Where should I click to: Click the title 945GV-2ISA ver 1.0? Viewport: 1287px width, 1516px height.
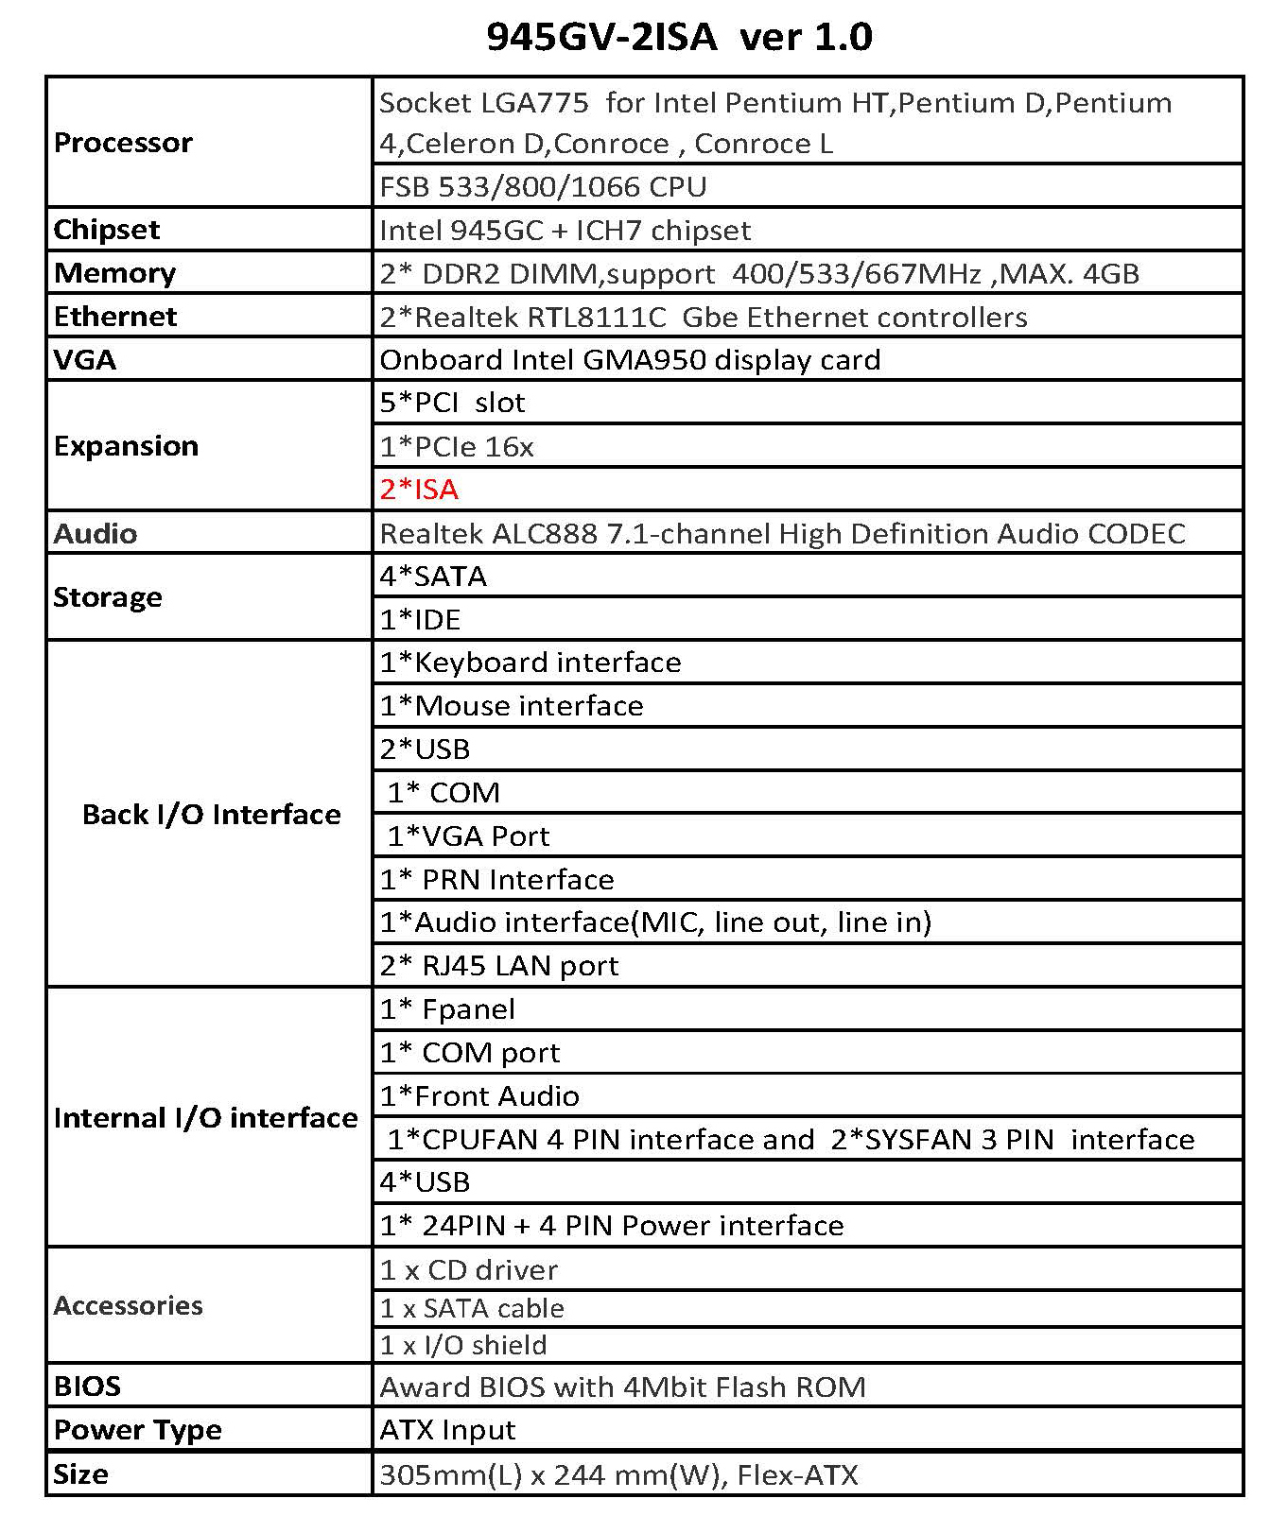pos(679,37)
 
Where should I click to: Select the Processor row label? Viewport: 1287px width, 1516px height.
pos(123,143)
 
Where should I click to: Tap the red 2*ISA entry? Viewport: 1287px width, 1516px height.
pos(419,490)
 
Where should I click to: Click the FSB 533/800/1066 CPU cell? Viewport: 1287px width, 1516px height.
pos(543,187)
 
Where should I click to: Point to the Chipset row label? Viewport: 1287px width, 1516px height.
pos(107,230)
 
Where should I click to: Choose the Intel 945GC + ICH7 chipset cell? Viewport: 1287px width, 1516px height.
pos(565,231)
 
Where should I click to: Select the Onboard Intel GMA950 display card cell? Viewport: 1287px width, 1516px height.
pos(630,360)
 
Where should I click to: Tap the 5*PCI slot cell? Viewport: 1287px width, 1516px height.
pos(452,403)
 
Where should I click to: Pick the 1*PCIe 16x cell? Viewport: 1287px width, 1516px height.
pos(457,446)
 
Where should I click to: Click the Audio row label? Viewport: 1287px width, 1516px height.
pos(96,533)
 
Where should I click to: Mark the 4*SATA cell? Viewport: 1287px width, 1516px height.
pos(433,577)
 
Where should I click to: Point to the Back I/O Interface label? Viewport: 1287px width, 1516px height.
pos(211,815)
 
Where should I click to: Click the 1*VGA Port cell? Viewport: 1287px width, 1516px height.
pos(468,836)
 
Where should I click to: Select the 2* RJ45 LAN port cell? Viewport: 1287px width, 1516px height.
pos(499,966)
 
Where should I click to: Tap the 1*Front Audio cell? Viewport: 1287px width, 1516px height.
pos(479,1096)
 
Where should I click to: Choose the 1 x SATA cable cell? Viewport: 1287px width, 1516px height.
pos(472,1309)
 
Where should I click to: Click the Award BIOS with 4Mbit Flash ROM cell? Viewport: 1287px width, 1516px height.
pos(622,1387)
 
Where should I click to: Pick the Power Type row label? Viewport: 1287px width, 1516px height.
pos(138,1430)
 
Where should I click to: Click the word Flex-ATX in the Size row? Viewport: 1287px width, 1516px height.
pos(797,1475)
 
